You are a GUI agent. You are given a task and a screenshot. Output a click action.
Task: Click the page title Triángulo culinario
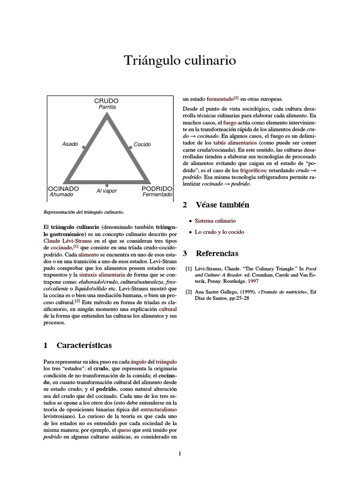point(180,60)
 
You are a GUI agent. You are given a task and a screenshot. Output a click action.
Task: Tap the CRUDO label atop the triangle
point(106,101)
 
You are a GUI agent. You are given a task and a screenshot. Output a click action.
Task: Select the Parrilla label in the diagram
point(106,107)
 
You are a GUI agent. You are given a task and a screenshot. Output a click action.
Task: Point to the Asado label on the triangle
point(70,144)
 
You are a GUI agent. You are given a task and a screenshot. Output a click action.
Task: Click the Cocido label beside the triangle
point(142,144)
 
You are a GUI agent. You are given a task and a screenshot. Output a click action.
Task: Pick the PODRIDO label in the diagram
point(157,188)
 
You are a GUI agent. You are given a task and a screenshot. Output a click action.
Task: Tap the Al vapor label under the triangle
point(107,191)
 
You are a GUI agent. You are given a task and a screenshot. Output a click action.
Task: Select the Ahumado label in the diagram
point(61,195)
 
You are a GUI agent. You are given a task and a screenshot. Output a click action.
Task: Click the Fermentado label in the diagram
point(157,195)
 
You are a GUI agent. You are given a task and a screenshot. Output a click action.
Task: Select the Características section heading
point(84,345)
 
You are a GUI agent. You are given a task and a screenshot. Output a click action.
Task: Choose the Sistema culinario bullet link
point(215,220)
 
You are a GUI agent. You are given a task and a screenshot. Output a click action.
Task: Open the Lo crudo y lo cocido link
point(219,232)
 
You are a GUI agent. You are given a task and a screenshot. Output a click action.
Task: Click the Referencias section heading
point(217,254)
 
